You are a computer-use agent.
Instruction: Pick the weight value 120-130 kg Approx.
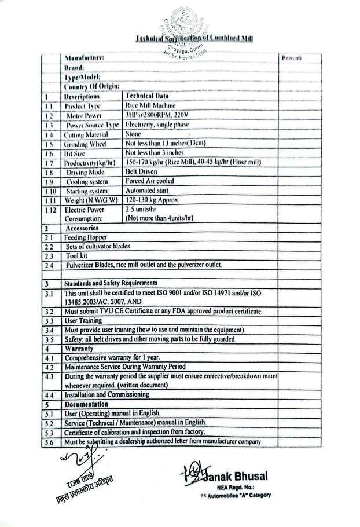tap(153, 200)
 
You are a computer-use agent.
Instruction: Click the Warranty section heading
tap(80, 349)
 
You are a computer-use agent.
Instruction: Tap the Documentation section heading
tap(87, 404)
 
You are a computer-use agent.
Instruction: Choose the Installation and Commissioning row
tap(107, 394)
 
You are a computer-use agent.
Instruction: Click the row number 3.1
tap(50, 293)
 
